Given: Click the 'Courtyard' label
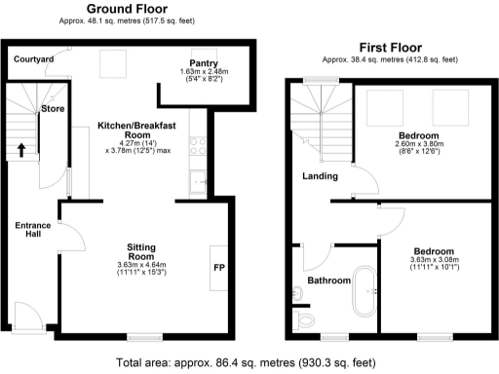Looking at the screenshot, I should click(x=32, y=59).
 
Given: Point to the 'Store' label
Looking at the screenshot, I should click(x=52, y=109).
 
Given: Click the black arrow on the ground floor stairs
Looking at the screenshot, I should click(x=21, y=150).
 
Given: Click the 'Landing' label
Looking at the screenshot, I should click(x=320, y=176).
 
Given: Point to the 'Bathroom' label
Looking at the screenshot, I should click(x=328, y=280).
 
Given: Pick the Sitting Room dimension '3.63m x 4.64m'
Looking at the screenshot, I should click(x=142, y=265).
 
